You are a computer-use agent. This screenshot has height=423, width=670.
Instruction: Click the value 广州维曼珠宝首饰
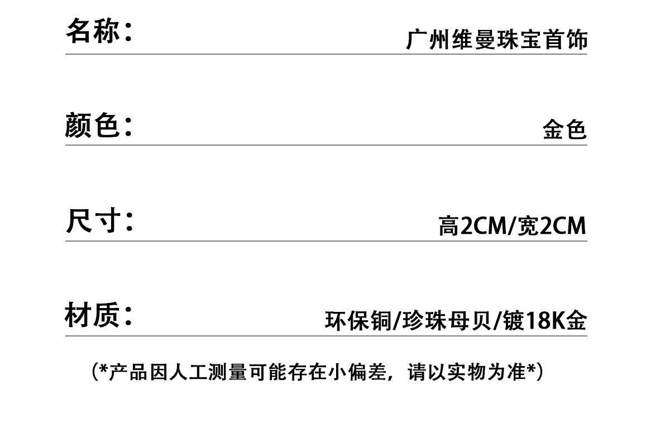pos(496,40)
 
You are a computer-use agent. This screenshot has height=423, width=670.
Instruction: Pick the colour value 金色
pos(564,130)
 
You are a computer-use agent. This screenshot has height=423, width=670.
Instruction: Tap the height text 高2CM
pos(471,226)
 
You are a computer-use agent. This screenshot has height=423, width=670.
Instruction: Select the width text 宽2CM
pos(552,226)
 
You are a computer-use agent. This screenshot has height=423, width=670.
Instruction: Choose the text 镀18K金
pos(544,321)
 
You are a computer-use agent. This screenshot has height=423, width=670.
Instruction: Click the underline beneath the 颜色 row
pos(326,145)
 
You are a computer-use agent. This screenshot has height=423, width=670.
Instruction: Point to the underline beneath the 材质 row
pos(326,336)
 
